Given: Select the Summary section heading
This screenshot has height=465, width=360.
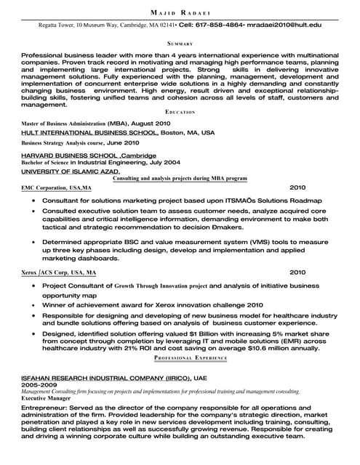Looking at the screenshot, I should (180, 44).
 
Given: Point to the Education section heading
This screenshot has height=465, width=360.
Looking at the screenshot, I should (180, 113).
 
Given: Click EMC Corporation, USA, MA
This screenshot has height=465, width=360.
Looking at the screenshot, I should (57, 187).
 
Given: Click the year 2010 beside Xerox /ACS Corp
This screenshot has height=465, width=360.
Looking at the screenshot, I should (298, 272).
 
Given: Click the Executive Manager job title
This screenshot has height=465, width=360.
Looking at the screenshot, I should (46, 399).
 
